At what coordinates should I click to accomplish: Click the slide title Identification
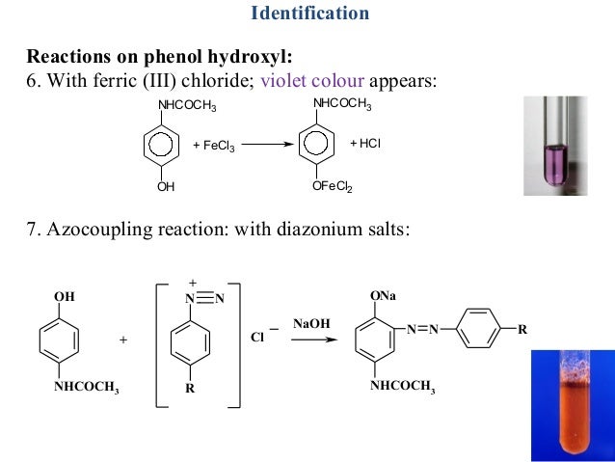click(x=309, y=14)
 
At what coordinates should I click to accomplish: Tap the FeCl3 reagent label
click(x=214, y=145)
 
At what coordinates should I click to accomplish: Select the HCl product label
click(x=366, y=144)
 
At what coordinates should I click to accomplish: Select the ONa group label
click(x=384, y=294)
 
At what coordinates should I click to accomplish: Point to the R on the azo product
click(x=522, y=329)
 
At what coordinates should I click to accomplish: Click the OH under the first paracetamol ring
click(x=166, y=187)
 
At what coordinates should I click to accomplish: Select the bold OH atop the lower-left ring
click(x=65, y=297)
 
